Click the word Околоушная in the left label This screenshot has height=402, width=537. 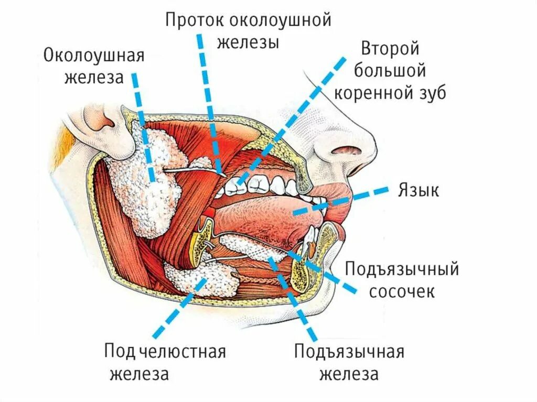click(x=94, y=55)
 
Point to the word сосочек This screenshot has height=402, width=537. click(x=402, y=291)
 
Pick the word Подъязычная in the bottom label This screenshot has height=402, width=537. click(x=349, y=352)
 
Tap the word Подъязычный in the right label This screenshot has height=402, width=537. click(x=402, y=270)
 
